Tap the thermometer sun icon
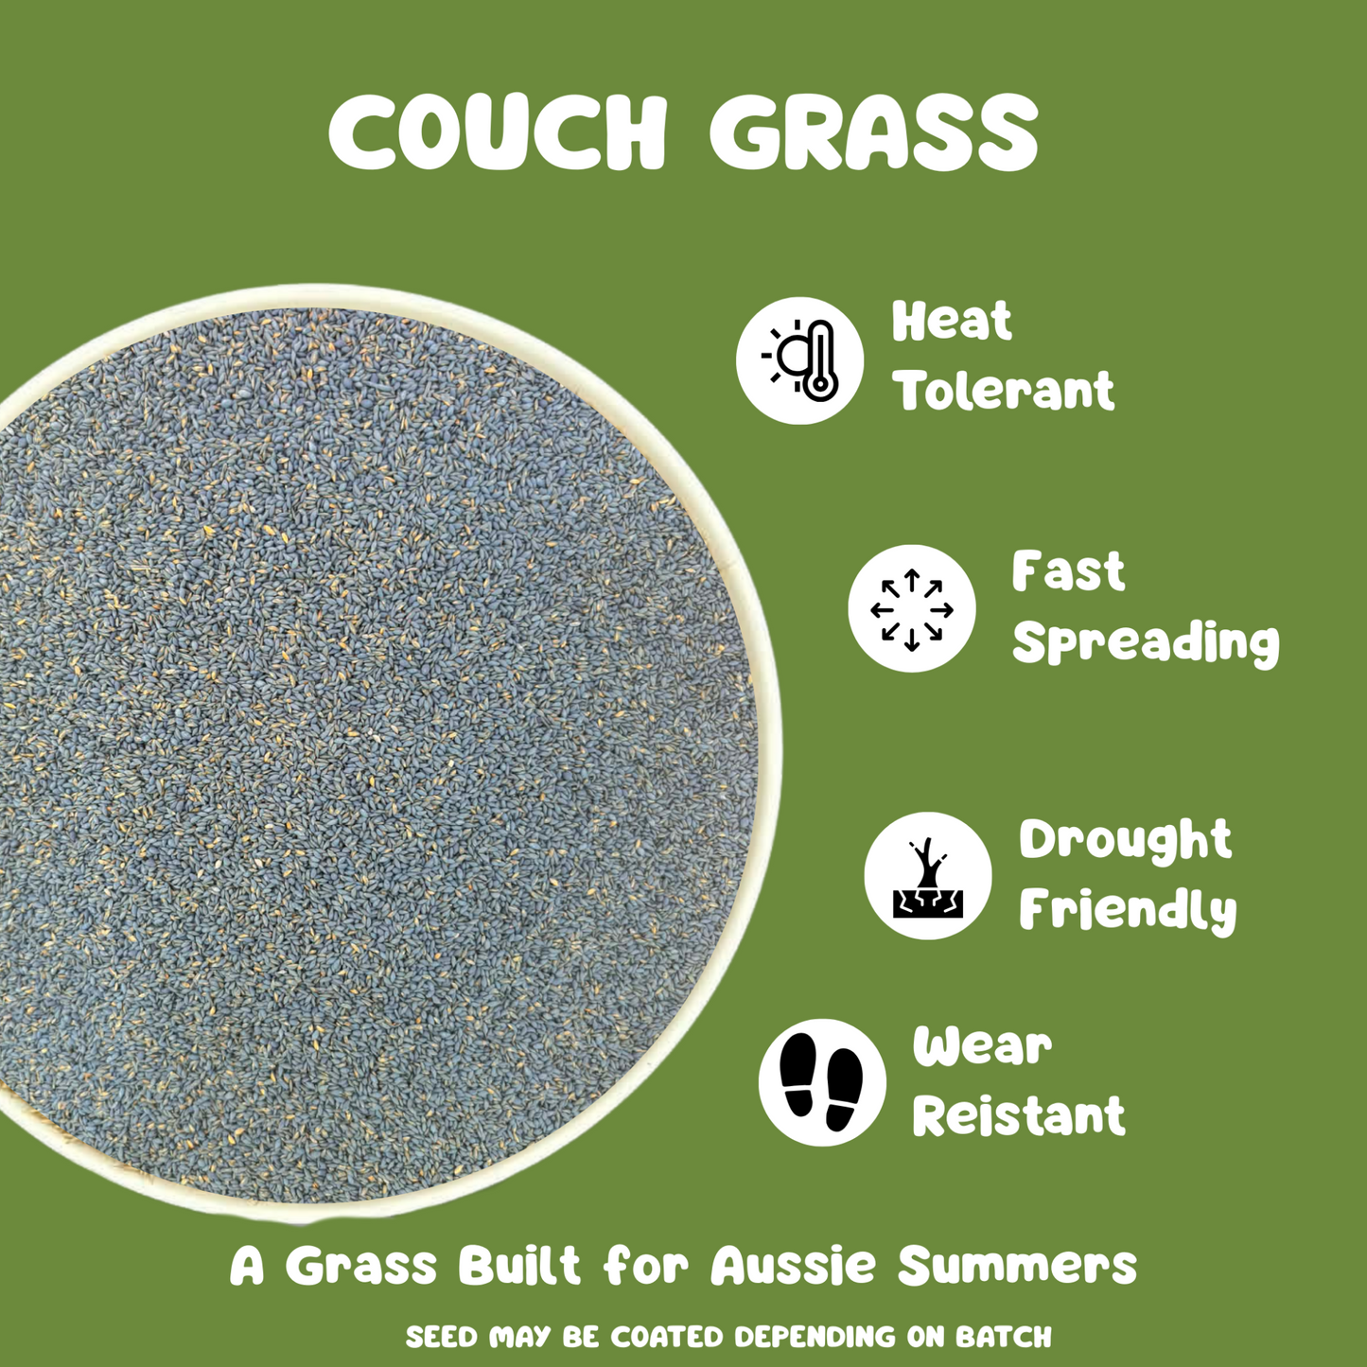[800, 360]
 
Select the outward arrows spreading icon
[911, 609]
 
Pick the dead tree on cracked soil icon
[928, 876]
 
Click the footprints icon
[822, 1082]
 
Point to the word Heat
[952, 322]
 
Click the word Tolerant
[1005, 390]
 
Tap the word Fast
[1068, 571]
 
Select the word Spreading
[1146, 643]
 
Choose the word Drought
[1125, 840]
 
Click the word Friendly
[1128, 911]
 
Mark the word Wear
[982, 1046]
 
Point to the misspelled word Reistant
[1019, 1116]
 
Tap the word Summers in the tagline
[1017, 1266]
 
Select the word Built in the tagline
[518, 1266]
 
